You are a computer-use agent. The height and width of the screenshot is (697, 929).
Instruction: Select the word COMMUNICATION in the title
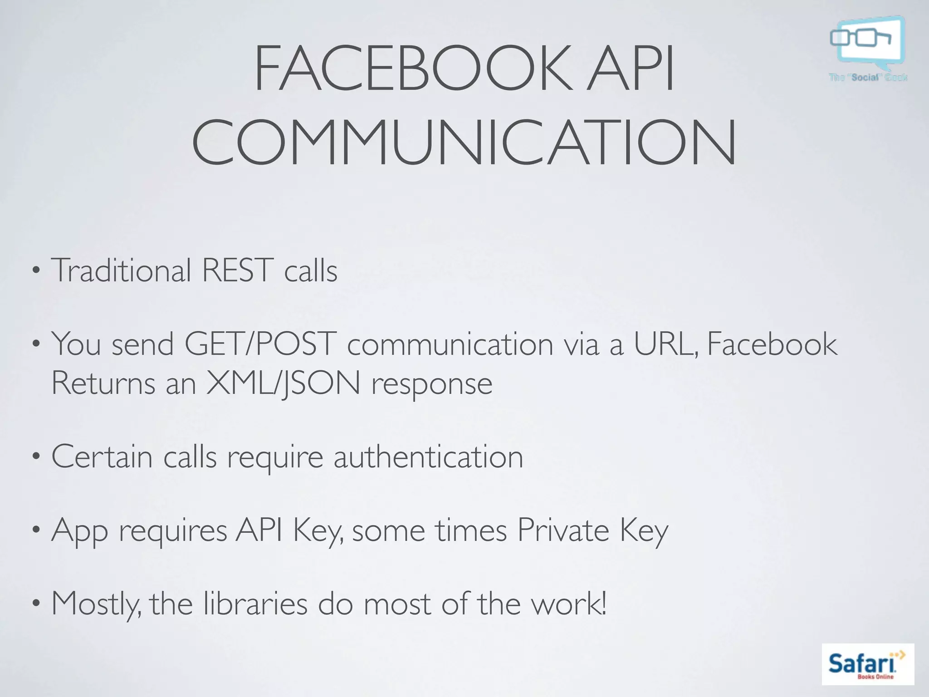click(464, 142)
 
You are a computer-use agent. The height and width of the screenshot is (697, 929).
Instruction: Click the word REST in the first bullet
click(237, 270)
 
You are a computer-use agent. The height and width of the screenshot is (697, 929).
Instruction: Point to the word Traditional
click(121, 270)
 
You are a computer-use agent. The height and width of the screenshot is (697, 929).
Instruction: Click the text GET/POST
click(260, 344)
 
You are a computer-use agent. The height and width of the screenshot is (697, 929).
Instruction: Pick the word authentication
click(428, 456)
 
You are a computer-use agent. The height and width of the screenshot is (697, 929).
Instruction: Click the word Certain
click(102, 456)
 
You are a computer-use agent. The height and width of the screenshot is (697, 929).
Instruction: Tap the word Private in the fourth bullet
click(562, 530)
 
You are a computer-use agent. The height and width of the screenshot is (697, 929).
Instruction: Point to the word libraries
click(255, 604)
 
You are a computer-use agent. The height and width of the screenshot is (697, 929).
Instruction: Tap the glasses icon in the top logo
click(860, 38)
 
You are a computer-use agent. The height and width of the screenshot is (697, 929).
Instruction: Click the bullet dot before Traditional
click(36, 272)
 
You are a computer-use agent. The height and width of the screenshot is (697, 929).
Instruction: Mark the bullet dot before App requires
click(36, 531)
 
